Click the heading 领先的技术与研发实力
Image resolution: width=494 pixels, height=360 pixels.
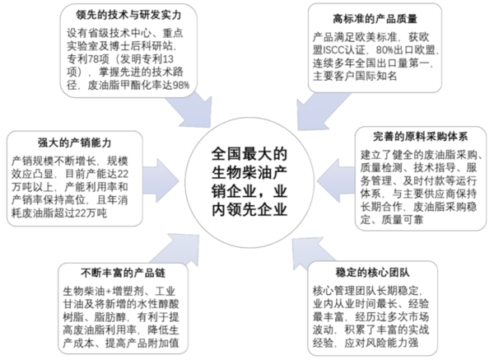[128, 15]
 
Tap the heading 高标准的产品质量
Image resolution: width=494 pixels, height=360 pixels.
[375, 19]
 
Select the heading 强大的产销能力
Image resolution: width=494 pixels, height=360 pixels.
[75, 143]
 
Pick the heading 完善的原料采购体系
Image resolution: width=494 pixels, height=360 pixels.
[420, 137]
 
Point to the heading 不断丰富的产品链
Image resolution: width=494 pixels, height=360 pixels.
[123, 273]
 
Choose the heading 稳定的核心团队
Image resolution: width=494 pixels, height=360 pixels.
[373, 273]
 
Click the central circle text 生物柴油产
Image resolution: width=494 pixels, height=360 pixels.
[249, 172]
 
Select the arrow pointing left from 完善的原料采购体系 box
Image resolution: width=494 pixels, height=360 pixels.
[336, 181]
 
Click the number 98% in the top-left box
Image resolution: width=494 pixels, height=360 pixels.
[181, 85]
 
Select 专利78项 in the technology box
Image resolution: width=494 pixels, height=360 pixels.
[87, 59]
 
